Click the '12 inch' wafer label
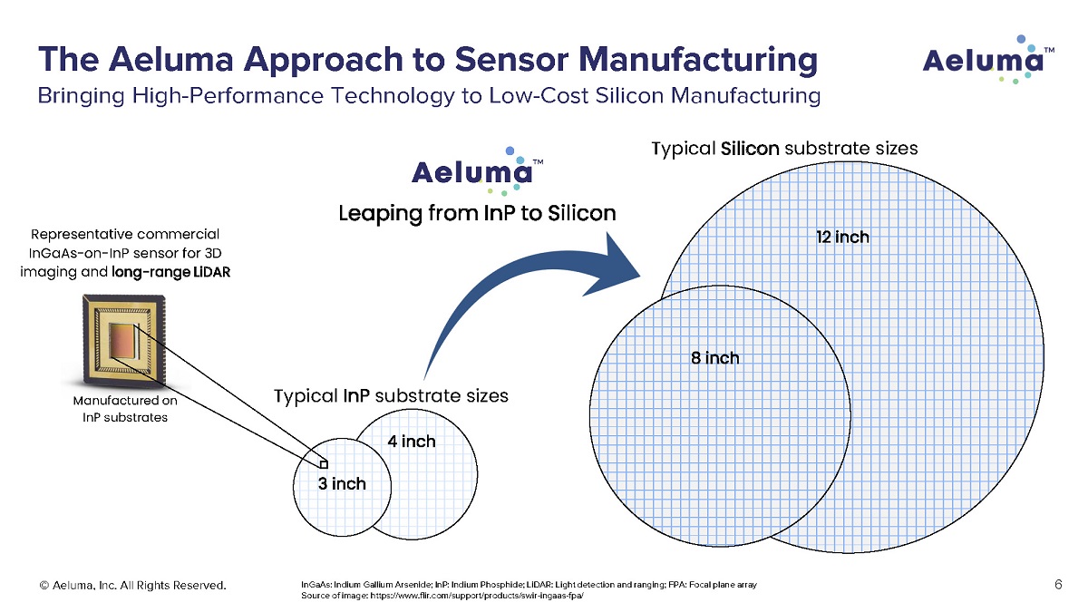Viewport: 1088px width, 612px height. point(843,238)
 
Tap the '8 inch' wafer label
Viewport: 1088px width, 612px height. point(714,358)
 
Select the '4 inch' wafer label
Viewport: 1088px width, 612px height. point(411,442)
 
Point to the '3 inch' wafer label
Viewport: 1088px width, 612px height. point(342,483)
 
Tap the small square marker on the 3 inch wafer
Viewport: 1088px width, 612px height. point(311,462)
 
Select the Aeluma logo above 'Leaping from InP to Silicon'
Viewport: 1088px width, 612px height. point(477,170)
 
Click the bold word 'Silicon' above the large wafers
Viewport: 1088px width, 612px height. point(749,148)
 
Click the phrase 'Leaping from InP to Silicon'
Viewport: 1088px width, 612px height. point(477,214)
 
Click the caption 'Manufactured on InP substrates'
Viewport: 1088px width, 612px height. point(120,408)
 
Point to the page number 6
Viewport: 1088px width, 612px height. point(1058,585)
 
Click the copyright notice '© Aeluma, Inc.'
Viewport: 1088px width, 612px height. point(85,586)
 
